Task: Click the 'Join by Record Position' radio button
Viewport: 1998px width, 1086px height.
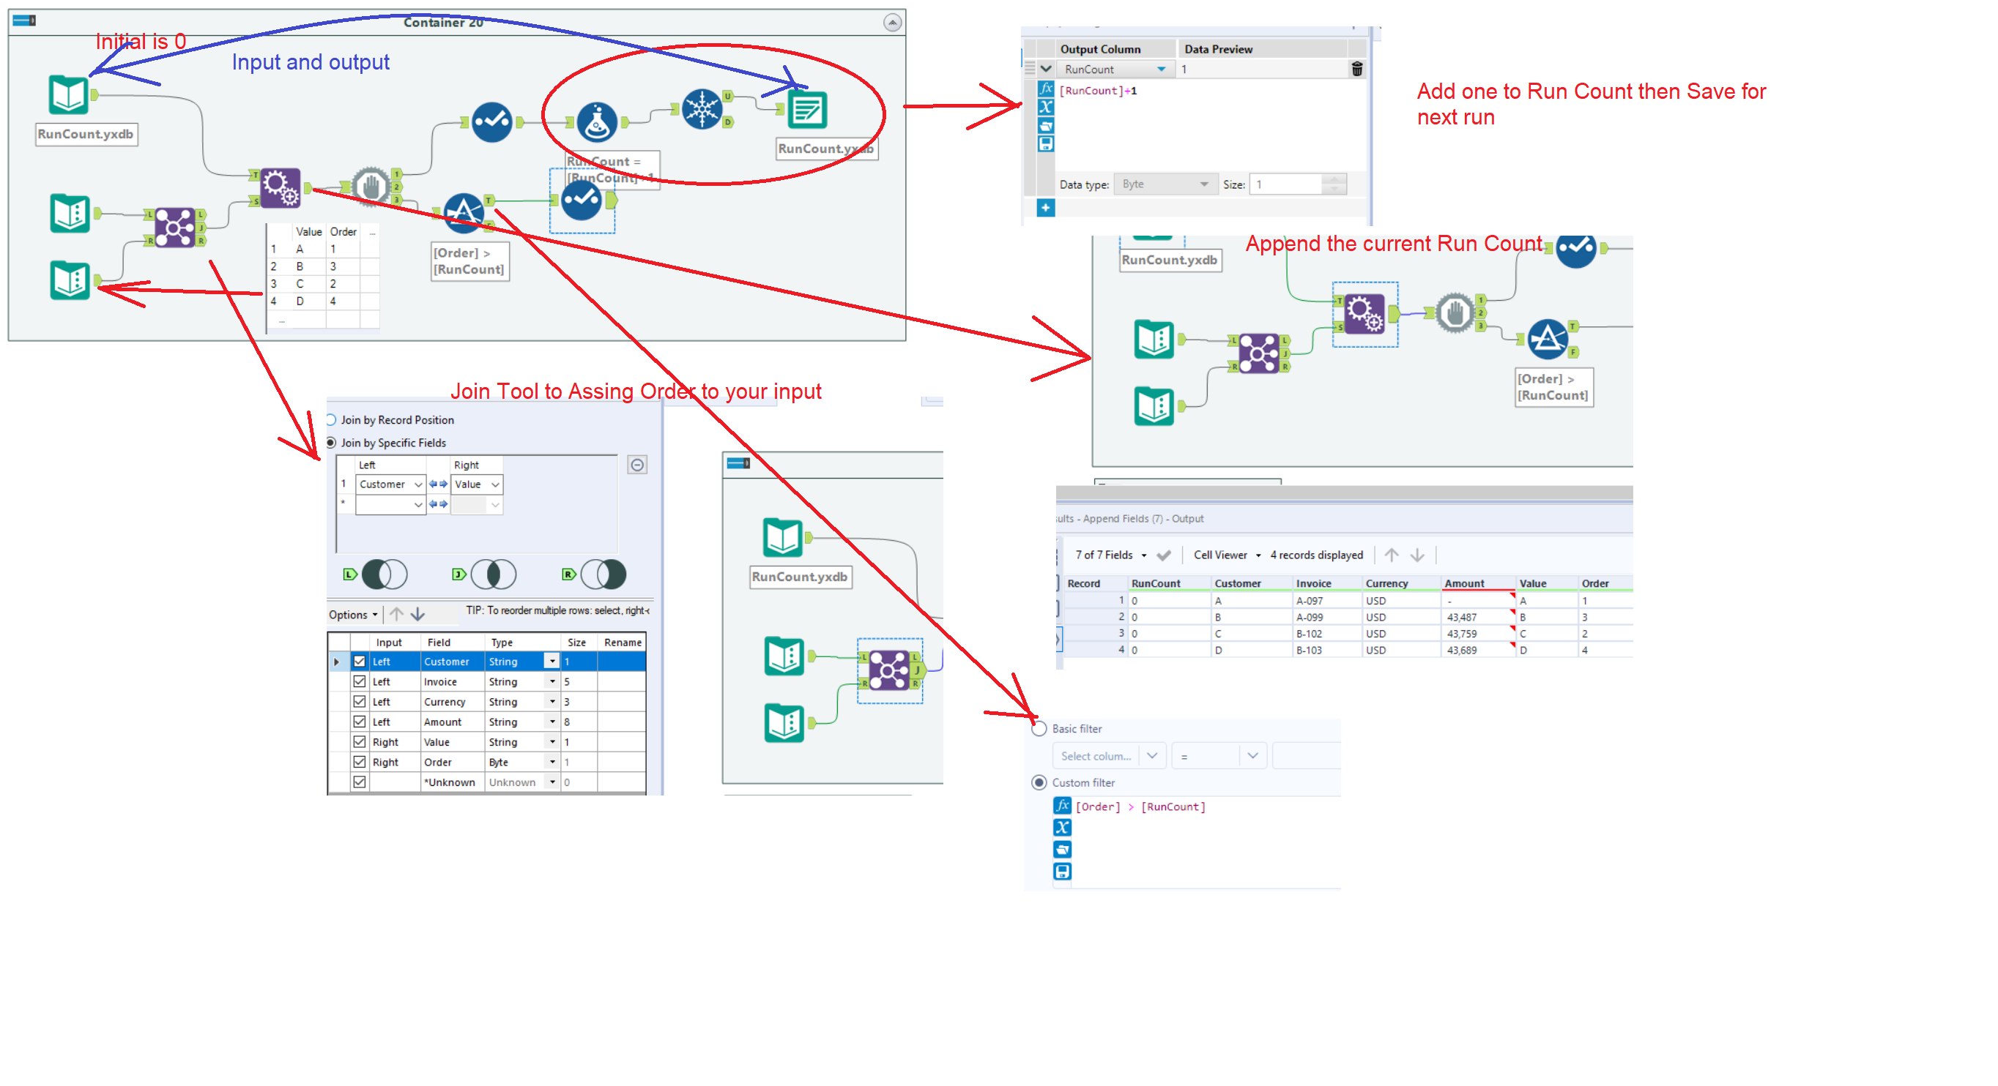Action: click(x=331, y=420)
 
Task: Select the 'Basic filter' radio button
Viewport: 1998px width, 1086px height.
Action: click(x=1039, y=729)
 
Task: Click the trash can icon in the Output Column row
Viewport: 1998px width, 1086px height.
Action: click(x=1356, y=69)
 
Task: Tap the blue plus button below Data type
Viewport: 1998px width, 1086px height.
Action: click(x=1046, y=208)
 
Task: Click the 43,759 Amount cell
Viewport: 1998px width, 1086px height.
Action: click(x=1461, y=633)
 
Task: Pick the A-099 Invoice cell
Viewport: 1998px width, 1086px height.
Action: click(x=1310, y=617)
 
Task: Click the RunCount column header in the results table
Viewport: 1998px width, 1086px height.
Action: click(x=1155, y=583)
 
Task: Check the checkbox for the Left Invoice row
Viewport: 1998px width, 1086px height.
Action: click(x=359, y=681)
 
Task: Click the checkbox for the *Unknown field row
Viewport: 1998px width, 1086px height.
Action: click(x=359, y=782)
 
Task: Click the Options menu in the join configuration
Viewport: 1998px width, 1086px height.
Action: click(x=353, y=615)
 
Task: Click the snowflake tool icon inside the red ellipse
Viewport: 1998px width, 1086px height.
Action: click(x=701, y=108)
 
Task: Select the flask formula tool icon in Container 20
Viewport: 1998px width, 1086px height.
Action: click(x=596, y=121)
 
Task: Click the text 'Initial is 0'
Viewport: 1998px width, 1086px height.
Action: click(x=141, y=42)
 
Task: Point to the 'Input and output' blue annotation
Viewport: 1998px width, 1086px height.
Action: click(x=311, y=62)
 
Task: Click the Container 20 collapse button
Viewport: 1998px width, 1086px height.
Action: click(x=892, y=23)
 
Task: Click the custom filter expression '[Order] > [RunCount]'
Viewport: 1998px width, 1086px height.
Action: click(x=1140, y=807)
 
